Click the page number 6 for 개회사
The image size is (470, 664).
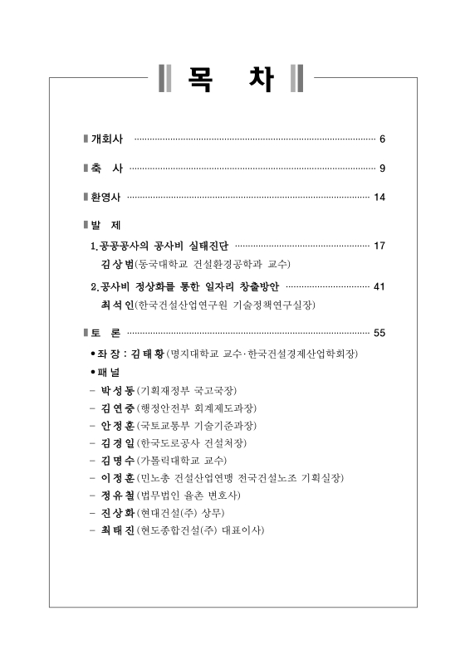coord(382,138)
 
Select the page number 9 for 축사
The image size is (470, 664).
coord(382,168)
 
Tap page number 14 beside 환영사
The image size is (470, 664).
coord(379,198)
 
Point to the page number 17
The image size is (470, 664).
coord(379,247)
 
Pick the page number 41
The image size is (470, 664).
coord(379,287)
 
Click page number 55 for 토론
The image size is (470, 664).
coord(379,334)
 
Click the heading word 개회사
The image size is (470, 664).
coord(107,138)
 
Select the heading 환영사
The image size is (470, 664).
coord(107,198)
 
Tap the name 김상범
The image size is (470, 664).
coord(116,265)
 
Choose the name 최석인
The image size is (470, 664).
coord(116,305)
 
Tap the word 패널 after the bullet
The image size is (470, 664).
coord(109,373)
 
